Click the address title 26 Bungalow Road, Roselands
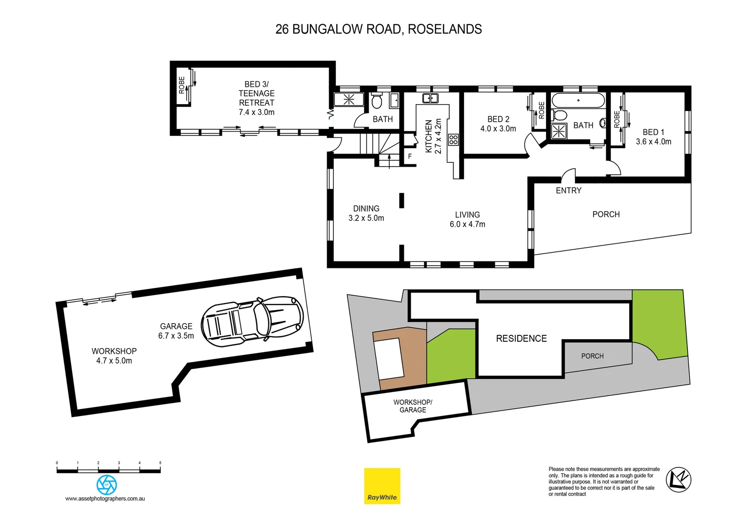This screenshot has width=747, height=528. click(x=378, y=29)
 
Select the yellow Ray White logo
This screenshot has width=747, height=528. click(x=382, y=486)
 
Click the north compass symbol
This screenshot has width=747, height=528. click(x=679, y=479)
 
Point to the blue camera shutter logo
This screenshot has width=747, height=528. click(x=107, y=484)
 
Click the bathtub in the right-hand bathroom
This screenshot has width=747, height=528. click(x=578, y=100)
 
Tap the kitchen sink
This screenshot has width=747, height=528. click(x=430, y=98)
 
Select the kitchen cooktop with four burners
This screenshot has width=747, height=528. click(x=453, y=139)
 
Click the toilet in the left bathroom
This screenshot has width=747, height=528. click(x=376, y=101)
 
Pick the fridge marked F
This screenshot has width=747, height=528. click(x=410, y=156)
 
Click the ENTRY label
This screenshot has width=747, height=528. click(x=569, y=191)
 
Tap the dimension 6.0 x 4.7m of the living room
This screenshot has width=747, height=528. click(x=467, y=224)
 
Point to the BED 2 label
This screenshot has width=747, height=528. click(x=498, y=119)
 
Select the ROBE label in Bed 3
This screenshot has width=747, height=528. click(x=182, y=85)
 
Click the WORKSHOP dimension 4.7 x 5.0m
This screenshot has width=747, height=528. click(x=114, y=361)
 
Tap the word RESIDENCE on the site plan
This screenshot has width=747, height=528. click(x=521, y=338)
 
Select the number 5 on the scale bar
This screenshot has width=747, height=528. click(x=160, y=462)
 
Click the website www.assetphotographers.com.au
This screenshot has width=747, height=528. click(x=105, y=499)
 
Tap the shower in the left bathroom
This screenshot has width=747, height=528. click(x=349, y=100)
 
